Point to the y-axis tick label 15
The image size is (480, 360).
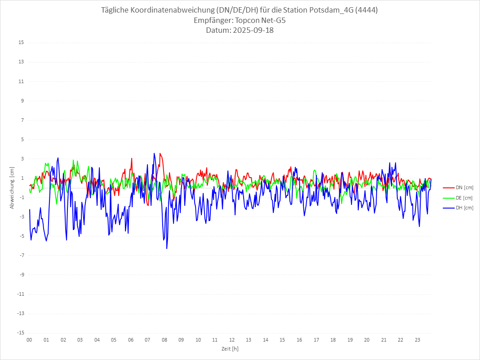coord(21,43)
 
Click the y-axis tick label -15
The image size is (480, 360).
coord(20,333)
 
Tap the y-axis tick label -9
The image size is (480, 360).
coord(21,275)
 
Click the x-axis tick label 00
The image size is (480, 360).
coord(29,340)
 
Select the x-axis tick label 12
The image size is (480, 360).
coord(232,340)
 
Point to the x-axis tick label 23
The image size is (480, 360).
coord(418,340)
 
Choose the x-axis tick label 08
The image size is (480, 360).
coord(164,340)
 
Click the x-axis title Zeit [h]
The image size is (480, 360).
coord(230,349)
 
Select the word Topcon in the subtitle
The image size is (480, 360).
coord(249,20)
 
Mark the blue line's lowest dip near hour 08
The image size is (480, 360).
coord(167,248)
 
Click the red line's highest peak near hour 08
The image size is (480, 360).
coord(160,153)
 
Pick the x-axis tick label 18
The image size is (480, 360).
coord(333,340)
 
